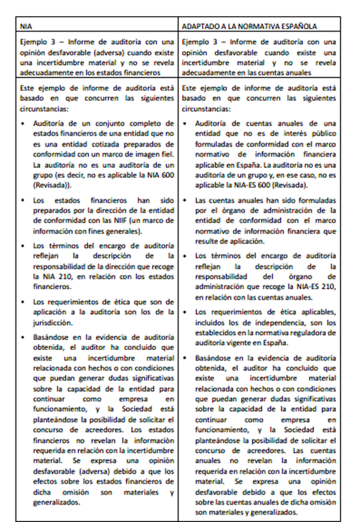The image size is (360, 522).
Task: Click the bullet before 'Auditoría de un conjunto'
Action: pos(25,123)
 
